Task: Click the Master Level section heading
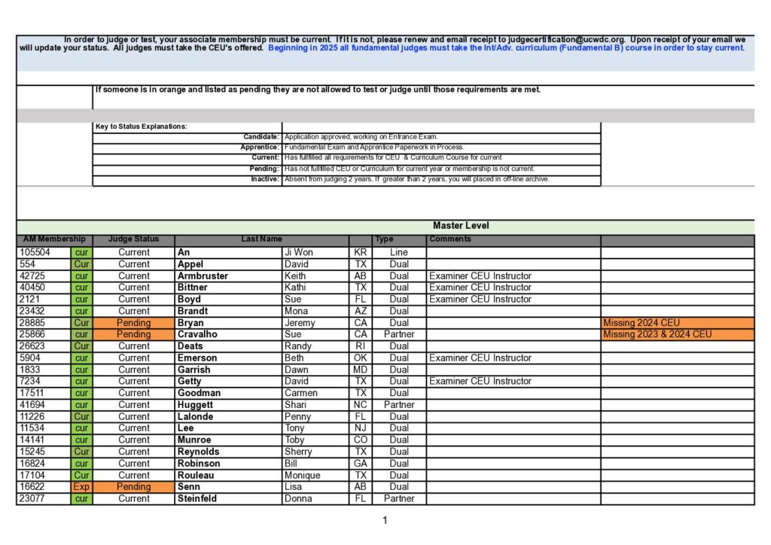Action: (x=461, y=226)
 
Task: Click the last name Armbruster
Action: (x=203, y=276)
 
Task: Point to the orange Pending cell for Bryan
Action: (x=134, y=323)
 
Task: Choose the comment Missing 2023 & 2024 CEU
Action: (x=657, y=334)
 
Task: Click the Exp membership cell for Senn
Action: (x=81, y=487)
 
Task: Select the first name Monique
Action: (x=302, y=475)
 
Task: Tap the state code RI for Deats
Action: (x=361, y=346)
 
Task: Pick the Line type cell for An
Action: (x=399, y=253)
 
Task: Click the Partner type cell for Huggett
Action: (x=399, y=405)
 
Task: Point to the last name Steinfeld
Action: (x=197, y=498)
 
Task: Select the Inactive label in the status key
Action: (x=265, y=179)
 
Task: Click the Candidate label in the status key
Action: (x=261, y=137)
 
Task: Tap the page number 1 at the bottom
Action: (x=385, y=520)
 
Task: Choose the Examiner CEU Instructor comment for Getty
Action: (x=480, y=382)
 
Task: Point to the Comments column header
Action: (x=450, y=239)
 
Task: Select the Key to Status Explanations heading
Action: (x=142, y=126)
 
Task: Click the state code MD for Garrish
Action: (x=361, y=370)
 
